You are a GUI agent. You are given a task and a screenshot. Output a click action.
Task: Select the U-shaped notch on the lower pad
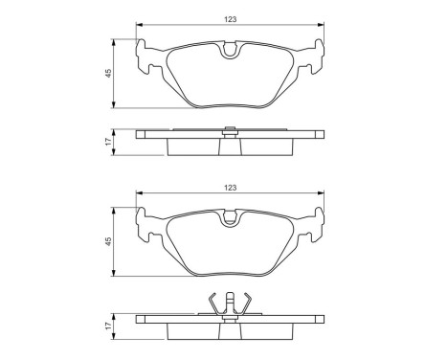pyautogui.click(x=229, y=221)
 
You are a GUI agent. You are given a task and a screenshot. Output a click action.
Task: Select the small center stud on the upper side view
pyautogui.click(x=229, y=131)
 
